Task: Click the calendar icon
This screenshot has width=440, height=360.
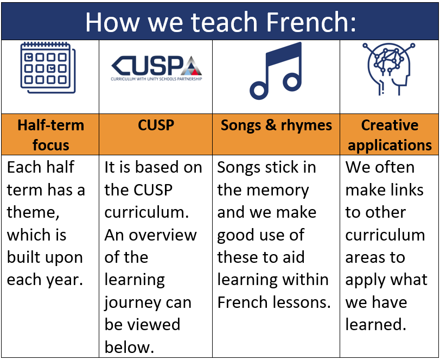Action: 48,68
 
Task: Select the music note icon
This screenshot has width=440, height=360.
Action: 276,71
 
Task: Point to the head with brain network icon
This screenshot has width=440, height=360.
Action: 389,69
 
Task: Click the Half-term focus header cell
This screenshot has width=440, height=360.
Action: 50,135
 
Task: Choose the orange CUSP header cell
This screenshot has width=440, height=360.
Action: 156,135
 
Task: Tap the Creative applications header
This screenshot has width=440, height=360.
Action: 389,135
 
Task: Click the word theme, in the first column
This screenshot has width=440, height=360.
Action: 33,212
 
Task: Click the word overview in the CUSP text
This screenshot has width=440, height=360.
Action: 163,235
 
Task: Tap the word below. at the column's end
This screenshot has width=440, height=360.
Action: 129,347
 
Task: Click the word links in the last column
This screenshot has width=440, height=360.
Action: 406,190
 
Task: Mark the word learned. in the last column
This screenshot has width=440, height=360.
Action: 376,325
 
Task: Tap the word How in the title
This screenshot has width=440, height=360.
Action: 112,22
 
